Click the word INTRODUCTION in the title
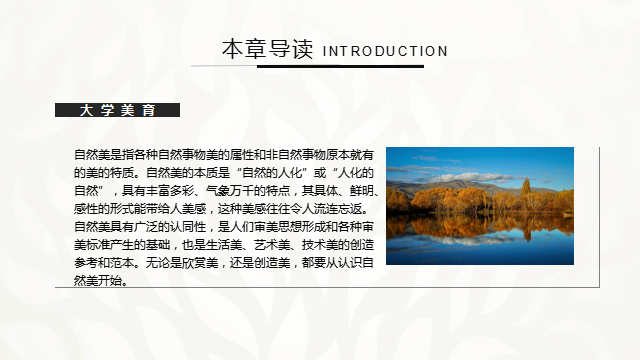click(385, 51)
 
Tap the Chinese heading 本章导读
click(268, 49)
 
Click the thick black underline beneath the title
click(340, 66)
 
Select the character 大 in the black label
click(86, 110)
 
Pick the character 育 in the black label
click(149, 110)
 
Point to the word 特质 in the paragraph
click(122, 173)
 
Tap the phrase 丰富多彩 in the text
click(170, 191)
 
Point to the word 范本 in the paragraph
click(122, 263)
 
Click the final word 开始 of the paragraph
click(110, 281)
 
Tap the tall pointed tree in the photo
click(526, 194)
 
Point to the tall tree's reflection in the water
click(526, 228)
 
